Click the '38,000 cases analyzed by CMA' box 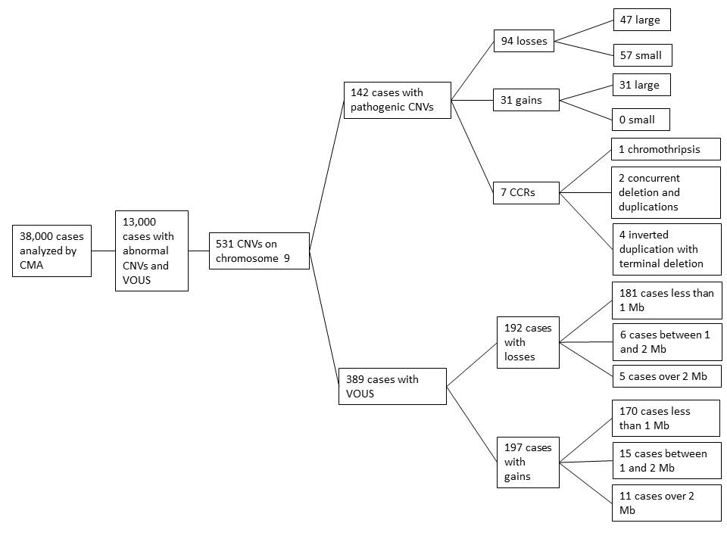[x=52, y=251]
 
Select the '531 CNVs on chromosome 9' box [x=259, y=251]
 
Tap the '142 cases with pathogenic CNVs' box [x=398, y=100]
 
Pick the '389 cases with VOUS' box [x=393, y=386]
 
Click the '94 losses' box [x=524, y=41]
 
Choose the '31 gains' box [x=526, y=100]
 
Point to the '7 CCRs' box [x=526, y=192]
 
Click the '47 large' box [x=642, y=20]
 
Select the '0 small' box [x=641, y=120]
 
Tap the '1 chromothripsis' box [x=666, y=149]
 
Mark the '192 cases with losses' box [x=528, y=342]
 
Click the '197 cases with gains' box [x=528, y=462]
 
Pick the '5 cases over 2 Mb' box [x=666, y=376]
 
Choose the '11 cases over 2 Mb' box [x=666, y=503]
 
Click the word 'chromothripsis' [x=664, y=149]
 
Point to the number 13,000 [x=139, y=222]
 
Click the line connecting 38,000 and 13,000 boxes [x=104, y=251]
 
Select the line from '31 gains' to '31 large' [x=586, y=92]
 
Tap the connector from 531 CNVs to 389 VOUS [x=324, y=319]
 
